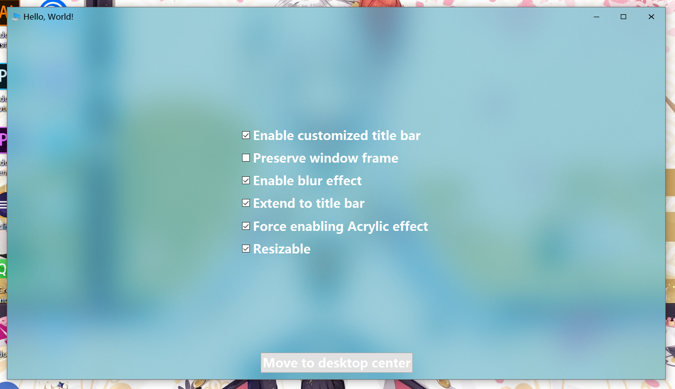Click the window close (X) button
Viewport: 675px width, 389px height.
point(651,17)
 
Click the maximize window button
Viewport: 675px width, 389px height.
point(623,17)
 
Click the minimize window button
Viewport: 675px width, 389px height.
point(596,17)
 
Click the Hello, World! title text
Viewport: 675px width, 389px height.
point(48,17)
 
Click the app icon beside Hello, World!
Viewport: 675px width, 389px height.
point(16,17)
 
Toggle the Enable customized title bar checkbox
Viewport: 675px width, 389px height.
point(246,136)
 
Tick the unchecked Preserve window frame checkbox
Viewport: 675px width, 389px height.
point(246,158)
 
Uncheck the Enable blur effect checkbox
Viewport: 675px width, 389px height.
point(246,181)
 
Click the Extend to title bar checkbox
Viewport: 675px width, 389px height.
point(246,203)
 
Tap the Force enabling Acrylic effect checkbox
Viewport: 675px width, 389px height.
point(246,226)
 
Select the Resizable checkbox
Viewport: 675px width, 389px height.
point(246,249)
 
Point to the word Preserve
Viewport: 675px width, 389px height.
point(279,158)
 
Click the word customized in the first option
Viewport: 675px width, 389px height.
point(333,136)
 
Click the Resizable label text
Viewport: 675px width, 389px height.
point(282,249)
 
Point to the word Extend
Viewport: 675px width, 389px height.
point(274,203)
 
